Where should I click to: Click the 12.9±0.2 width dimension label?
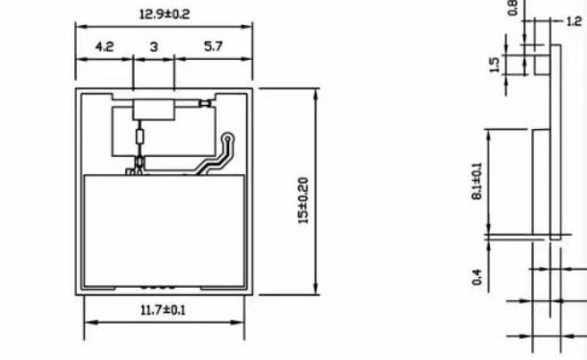coord(165,14)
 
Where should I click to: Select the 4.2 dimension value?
coord(105,47)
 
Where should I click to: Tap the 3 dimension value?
coord(154,47)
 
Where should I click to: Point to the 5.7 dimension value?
coord(214,46)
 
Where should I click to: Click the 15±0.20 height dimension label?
coord(303,200)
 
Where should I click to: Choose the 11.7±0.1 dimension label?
coord(163,310)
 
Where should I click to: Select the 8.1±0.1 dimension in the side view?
coord(477,181)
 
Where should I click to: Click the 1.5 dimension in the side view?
coord(495,64)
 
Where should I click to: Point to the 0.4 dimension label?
coord(477,277)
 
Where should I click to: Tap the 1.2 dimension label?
coord(574,21)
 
